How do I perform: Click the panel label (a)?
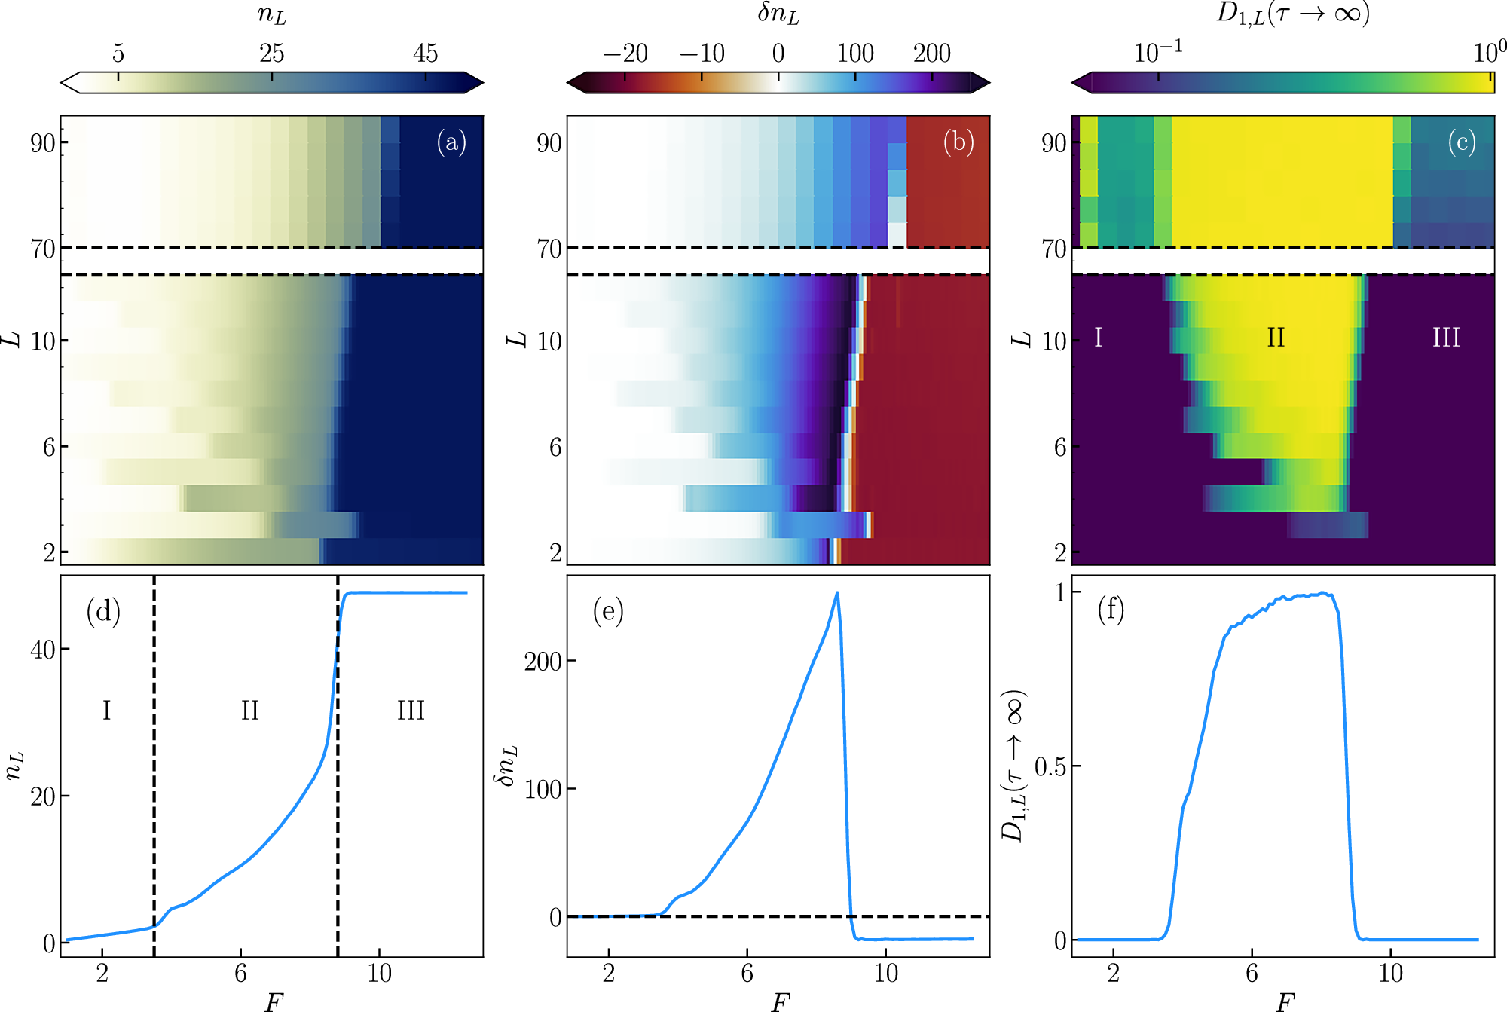click(451, 142)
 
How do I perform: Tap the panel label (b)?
click(958, 142)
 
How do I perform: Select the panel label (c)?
click(1462, 142)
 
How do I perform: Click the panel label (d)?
click(103, 611)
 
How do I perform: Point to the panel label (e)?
click(608, 611)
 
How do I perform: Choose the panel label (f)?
click(1111, 610)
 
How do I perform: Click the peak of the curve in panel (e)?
click(837, 593)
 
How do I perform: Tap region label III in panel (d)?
click(411, 711)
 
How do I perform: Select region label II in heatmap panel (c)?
click(1276, 338)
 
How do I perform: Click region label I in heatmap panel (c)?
click(1098, 338)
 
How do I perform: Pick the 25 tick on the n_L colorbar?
click(272, 54)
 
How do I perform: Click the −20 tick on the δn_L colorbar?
click(625, 54)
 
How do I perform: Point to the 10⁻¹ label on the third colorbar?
click(1157, 52)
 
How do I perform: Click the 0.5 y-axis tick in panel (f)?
click(1050, 767)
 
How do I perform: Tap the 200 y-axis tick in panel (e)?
click(543, 662)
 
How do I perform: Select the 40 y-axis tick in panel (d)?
click(43, 650)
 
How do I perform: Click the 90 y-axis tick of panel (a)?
click(43, 143)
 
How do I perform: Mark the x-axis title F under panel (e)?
click(779, 1001)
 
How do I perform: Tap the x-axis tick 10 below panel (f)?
click(1390, 974)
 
